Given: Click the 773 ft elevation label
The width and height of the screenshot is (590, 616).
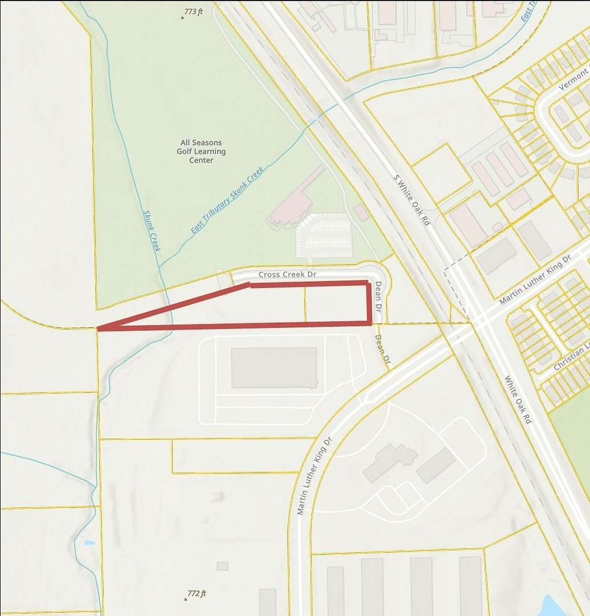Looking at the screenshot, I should coord(193,11).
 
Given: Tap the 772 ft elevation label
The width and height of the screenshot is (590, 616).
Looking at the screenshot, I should coord(196,594).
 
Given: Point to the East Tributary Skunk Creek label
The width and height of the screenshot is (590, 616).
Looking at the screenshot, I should coord(227,200).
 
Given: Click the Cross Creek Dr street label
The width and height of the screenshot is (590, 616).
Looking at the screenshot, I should coord(287,274).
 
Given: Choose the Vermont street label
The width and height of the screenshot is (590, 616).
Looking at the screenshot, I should coord(573,79).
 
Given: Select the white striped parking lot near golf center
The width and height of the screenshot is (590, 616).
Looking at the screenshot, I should coord(324,235).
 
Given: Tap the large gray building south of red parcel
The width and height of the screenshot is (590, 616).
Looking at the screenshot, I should coord(274,367).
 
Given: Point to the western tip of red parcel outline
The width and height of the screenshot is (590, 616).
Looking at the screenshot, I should coord(99,329).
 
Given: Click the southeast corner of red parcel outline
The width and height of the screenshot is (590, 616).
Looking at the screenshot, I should coord(369,323).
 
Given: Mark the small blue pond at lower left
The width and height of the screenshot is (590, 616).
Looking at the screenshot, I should coord(89,542).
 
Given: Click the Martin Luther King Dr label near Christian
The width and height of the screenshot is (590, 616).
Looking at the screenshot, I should coord(535,279).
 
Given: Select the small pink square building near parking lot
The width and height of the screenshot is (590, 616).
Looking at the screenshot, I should coord(360,213).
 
